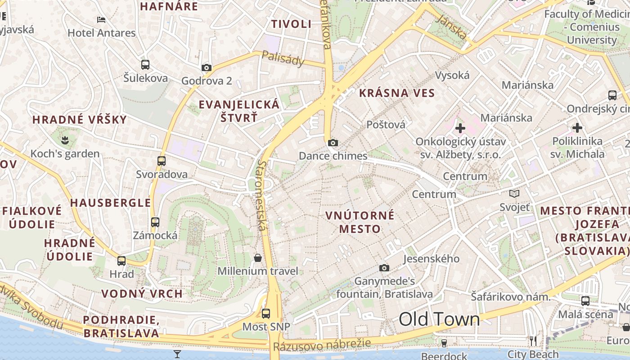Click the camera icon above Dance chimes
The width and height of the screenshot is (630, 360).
[x=333, y=143]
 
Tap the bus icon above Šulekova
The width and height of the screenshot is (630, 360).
[x=145, y=65]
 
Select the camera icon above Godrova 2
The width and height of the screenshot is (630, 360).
[x=207, y=68]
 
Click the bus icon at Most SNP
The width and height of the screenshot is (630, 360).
[x=266, y=314]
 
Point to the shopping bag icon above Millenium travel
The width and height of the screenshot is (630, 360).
[x=258, y=258]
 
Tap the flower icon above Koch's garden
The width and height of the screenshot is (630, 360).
[x=66, y=140]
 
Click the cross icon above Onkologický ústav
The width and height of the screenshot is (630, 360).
[x=460, y=129]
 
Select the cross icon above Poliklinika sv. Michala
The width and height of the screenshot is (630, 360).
[x=577, y=128]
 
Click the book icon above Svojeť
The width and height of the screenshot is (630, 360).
[x=514, y=194]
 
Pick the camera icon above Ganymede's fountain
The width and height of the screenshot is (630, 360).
[x=384, y=268]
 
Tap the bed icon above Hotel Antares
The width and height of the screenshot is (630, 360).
[x=101, y=20]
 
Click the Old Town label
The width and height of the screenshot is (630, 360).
[x=439, y=319]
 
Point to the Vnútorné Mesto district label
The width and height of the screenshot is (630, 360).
[x=360, y=222]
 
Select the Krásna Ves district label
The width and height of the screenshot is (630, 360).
[x=397, y=94]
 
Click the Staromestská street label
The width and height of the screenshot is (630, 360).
[x=261, y=196]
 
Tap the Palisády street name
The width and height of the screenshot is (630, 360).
[x=283, y=58]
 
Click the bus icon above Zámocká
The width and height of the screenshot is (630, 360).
[x=155, y=222]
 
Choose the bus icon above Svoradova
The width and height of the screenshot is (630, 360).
[x=162, y=161]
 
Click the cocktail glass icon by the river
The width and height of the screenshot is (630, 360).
[x=177, y=354]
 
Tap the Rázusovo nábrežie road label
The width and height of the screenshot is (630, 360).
[x=322, y=345]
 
